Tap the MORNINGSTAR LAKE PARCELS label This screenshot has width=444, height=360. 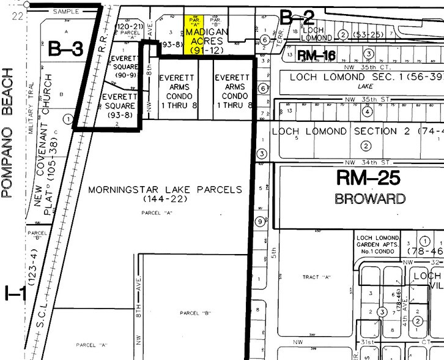pos(165,189)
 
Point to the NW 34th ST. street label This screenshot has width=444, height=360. pos(368,162)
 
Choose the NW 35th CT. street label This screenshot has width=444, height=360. pos(368,67)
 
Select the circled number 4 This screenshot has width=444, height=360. pos(366,112)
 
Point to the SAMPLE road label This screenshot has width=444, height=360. pos(67,12)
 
